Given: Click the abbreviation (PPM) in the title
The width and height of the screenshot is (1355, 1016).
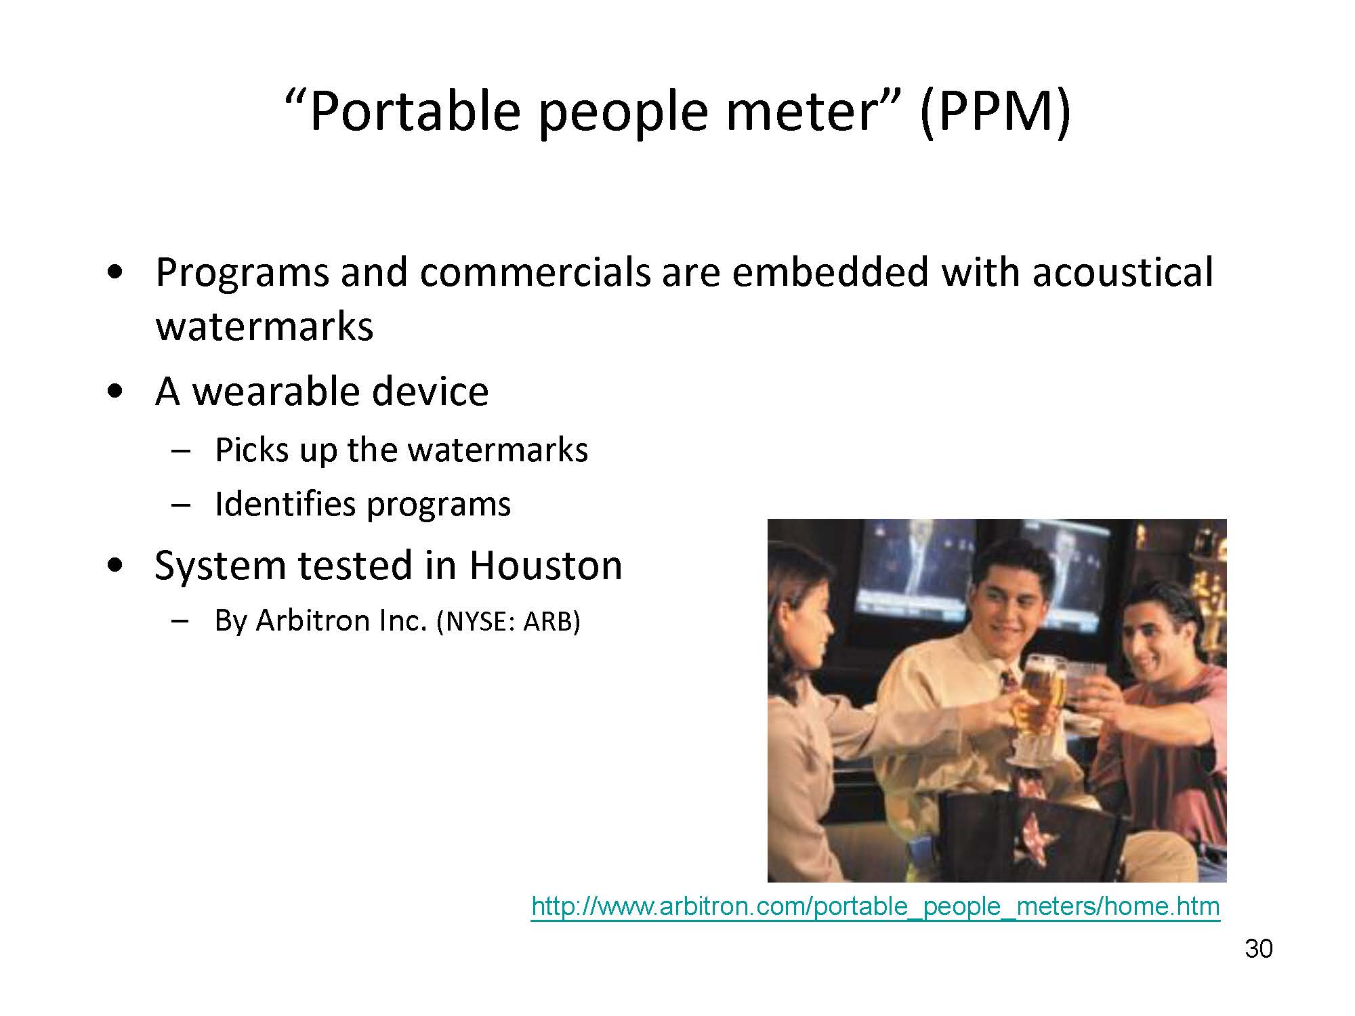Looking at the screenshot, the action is [x=995, y=112].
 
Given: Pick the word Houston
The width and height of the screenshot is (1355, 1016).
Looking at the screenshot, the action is [x=545, y=566].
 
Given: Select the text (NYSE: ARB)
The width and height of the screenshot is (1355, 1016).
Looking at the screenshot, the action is [x=508, y=622].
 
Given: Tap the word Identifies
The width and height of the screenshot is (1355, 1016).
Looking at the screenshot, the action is [x=285, y=504].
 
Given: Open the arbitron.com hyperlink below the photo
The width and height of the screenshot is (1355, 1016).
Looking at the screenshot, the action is [x=875, y=906].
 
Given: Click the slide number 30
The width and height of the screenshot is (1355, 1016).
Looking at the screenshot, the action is [x=1259, y=949].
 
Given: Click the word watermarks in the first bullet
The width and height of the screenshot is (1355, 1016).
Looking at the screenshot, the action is [x=265, y=327].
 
